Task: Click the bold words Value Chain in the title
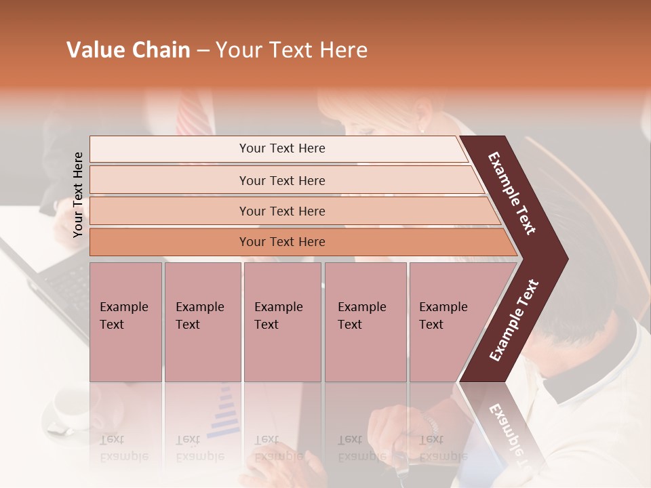(128, 50)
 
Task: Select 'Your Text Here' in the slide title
(292, 50)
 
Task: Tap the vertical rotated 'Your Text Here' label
(78, 195)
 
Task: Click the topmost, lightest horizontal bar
(278, 148)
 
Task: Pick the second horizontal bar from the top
(285, 180)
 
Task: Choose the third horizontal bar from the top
(292, 211)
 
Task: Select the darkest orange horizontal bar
(298, 242)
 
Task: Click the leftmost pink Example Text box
(125, 322)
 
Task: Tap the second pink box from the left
(203, 322)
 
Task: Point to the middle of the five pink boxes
(282, 322)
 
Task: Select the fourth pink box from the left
(366, 322)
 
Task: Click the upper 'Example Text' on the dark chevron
(512, 193)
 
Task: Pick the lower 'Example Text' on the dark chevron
(514, 320)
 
